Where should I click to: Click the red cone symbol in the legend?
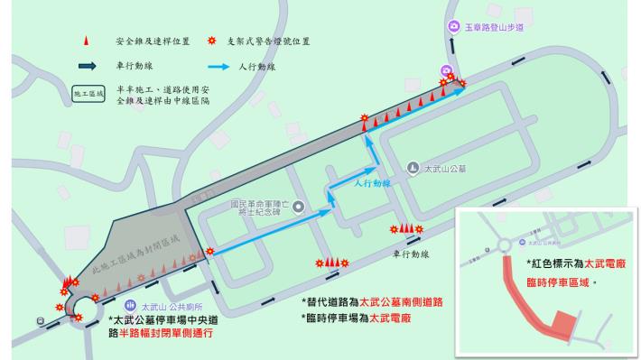(87, 42)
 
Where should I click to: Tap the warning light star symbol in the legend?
(213, 42)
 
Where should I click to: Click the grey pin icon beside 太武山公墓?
(413, 167)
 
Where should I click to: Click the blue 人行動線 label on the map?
(370, 183)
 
